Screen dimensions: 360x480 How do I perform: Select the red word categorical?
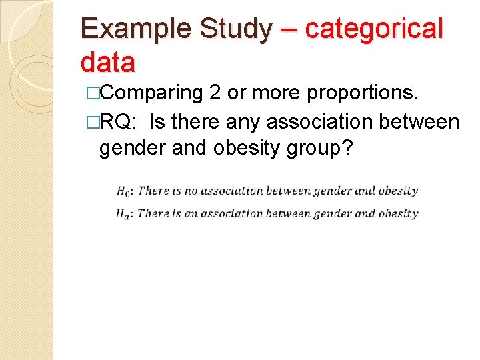coord(374,30)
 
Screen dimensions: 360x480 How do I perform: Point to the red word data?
coord(107,63)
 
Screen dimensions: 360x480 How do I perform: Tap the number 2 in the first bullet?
coord(215,94)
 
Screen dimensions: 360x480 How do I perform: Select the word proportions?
coord(363,94)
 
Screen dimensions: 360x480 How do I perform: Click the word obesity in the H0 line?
coord(398,191)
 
